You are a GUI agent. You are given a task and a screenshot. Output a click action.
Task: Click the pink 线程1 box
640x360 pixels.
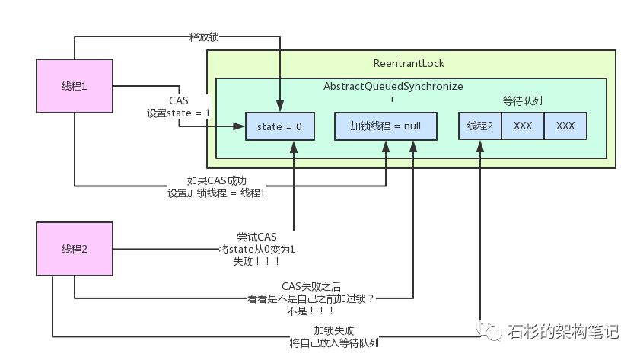point(75,86)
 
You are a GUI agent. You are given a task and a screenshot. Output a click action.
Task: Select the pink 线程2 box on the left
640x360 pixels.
point(75,249)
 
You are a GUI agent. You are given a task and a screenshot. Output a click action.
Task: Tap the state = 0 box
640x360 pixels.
point(279,126)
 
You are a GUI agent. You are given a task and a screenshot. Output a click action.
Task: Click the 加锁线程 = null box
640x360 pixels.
point(386,126)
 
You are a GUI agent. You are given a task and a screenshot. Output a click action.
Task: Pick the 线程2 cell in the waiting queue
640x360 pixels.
point(480,126)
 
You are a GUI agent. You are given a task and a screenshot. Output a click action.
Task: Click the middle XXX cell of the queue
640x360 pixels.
point(523,126)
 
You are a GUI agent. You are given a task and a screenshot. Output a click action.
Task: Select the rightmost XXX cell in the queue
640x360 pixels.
point(565,126)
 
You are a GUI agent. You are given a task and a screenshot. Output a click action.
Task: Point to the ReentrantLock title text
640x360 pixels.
point(410,63)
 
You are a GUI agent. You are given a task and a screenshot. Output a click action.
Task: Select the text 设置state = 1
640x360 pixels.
point(179,113)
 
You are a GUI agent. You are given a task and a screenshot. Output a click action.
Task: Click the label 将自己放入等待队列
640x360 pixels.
point(335,342)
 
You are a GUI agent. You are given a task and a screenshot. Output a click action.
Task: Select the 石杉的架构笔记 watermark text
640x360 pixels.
point(564,331)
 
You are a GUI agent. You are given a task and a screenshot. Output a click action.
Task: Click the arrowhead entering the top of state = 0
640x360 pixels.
point(280,109)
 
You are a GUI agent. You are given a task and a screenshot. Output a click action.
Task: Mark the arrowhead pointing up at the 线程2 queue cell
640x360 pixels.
point(480,145)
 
